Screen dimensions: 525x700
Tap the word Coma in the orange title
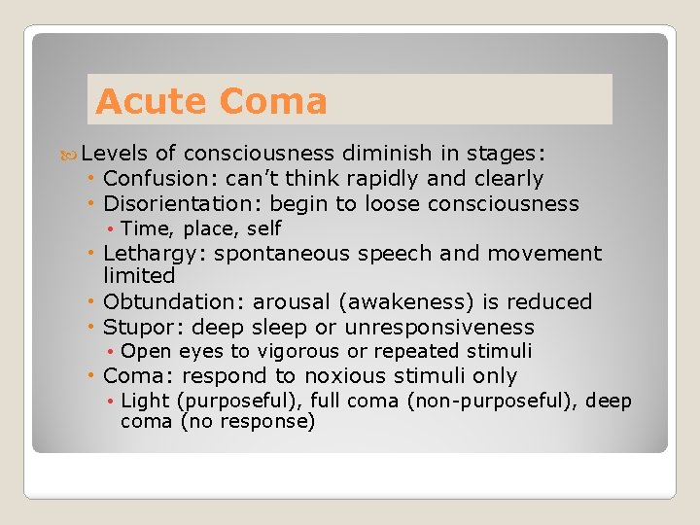pyautogui.click(x=273, y=101)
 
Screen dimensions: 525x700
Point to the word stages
pyautogui.click(x=506, y=154)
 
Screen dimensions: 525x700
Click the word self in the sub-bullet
pyautogui.click(x=263, y=228)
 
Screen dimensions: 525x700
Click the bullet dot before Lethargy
pyautogui.click(x=90, y=254)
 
